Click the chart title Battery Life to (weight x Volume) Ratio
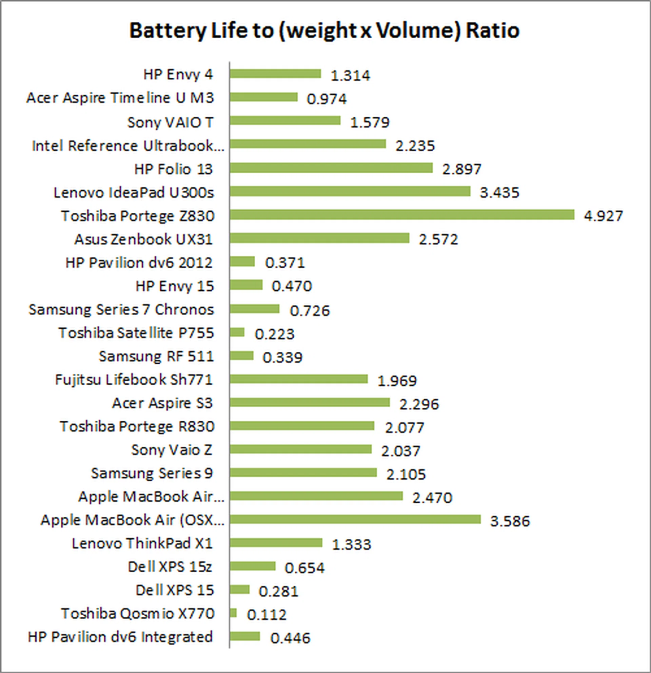pyautogui.click(x=324, y=31)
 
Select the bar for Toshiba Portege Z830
pyautogui.click(x=402, y=215)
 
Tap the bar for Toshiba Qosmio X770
pyautogui.click(x=233, y=613)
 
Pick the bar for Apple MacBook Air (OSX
pyautogui.click(x=355, y=520)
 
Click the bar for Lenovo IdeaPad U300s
pyautogui.click(x=350, y=192)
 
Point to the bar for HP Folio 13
pyautogui.click(x=331, y=168)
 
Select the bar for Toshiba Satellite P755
pyautogui.click(x=237, y=332)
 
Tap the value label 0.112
pyautogui.click(x=267, y=615)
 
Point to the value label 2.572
pyautogui.click(x=438, y=240)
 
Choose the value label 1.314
pyautogui.click(x=350, y=76)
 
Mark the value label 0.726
pyautogui.click(x=310, y=311)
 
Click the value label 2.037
pyautogui.click(x=400, y=451)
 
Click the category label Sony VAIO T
pyautogui.click(x=171, y=122)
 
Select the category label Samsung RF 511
pyautogui.click(x=156, y=356)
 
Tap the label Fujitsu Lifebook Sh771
pyautogui.click(x=134, y=380)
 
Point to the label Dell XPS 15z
pyautogui.click(x=170, y=567)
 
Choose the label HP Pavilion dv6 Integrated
pyautogui.click(x=120, y=637)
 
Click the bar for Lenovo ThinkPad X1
pyautogui.click(x=276, y=543)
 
